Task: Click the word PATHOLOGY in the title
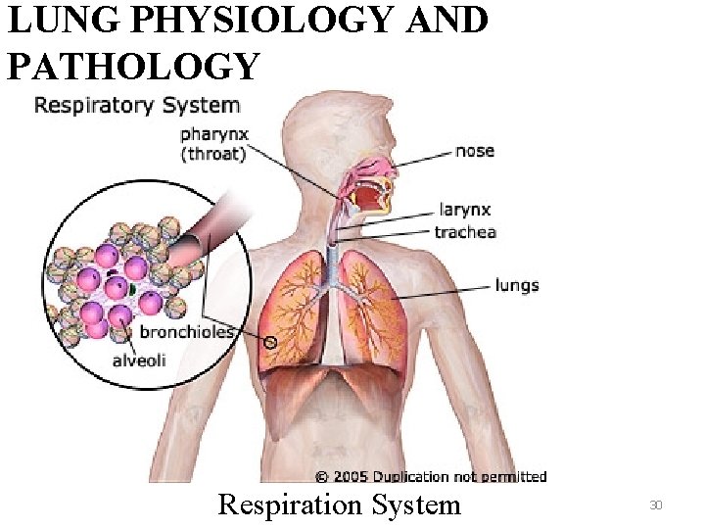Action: [x=133, y=66]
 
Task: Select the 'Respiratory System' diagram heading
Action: [x=137, y=105]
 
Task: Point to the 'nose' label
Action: [x=475, y=151]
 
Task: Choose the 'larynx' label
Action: [x=463, y=210]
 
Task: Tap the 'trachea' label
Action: [x=465, y=232]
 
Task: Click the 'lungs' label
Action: [x=517, y=285]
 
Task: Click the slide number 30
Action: [x=656, y=505]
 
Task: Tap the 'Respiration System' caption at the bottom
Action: [x=339, y=505]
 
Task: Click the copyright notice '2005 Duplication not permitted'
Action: [x=431, y=476]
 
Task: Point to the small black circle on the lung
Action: [x=271, y=343]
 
